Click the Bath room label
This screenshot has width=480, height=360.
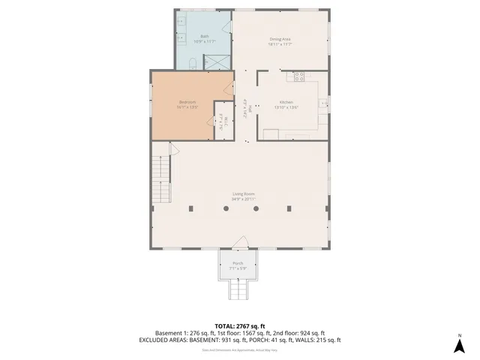click(204, 36)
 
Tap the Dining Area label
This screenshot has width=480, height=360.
click(280, 39)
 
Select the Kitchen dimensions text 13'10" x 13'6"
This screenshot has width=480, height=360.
click(286, 107)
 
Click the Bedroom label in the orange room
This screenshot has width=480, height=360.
click(187, 102)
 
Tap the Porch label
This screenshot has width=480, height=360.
click(238, 263)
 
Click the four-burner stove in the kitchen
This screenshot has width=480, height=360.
click(299, 75)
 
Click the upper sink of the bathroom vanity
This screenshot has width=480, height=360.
click(181, 22)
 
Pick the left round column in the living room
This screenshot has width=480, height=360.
click(226, 208)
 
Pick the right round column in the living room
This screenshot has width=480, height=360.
click(256, 208)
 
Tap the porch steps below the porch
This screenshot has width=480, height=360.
click(238, 288)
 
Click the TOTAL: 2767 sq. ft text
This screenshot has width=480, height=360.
click(239, 325)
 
